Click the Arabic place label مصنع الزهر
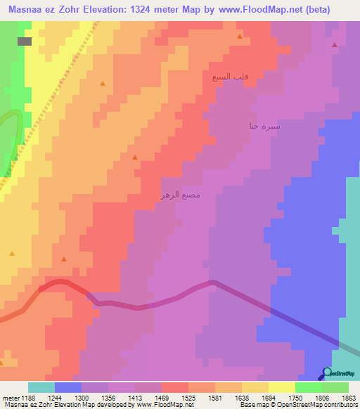pyautogui.click(x=182, y=195)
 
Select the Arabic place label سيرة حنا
pyautogui.click(x=264, y=126)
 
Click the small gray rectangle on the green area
pyautogui.click(x=25, y=41)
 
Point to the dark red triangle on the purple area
pyautogui.click(x=334, y=44)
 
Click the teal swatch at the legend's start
pyautogui.click(x=41, y=387)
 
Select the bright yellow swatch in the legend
pyautogui.click(x=282, y=387)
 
